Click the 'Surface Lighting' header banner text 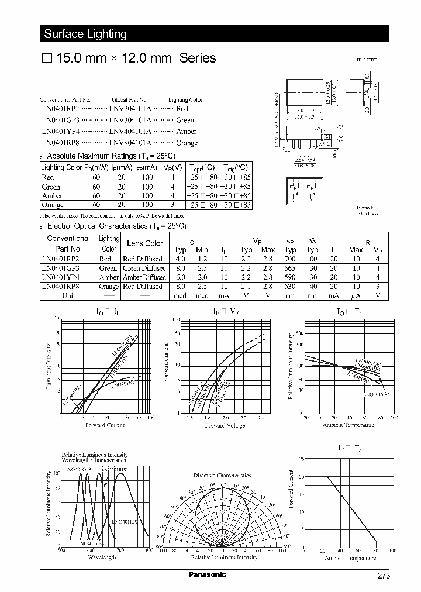(x=85, y=34)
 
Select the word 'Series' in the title (x=197, y=58)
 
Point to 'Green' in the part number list (x=185, y=120)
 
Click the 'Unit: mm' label (x=364, y=60)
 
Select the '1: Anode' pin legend (x=367, y=208)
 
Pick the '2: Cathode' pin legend (x=368, y=214)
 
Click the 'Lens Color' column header (x=145, y=243)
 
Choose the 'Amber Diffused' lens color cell (x=143, y=277)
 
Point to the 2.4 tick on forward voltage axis (x=261, y=418)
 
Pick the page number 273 (x=383, y=576)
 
